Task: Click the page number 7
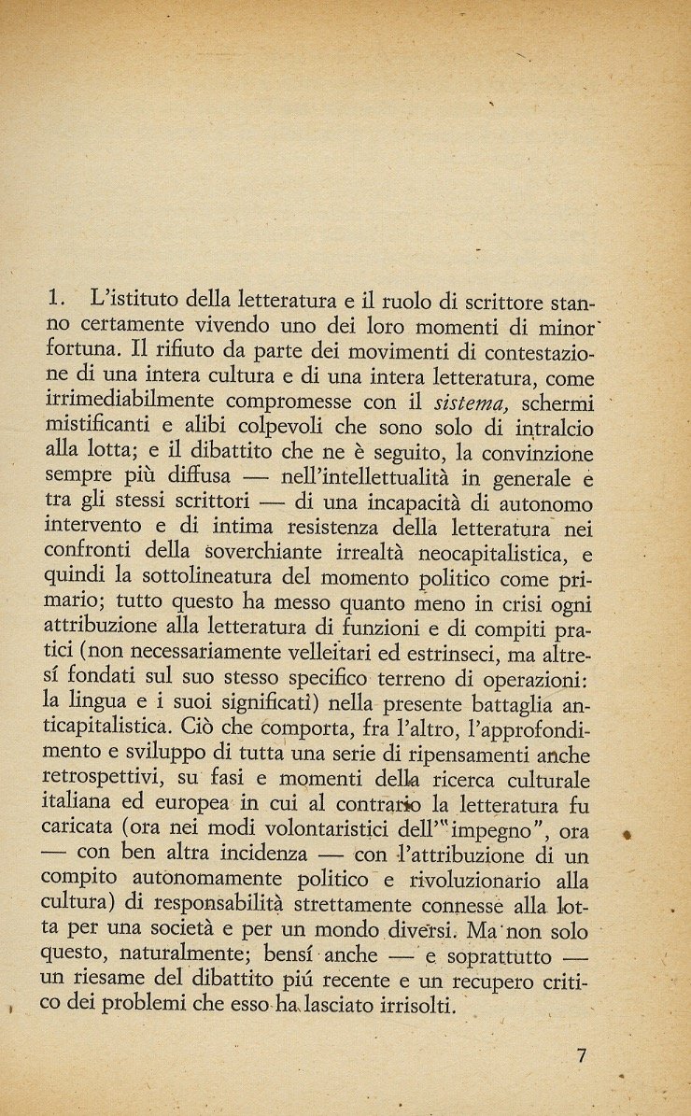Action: (582, 1058)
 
